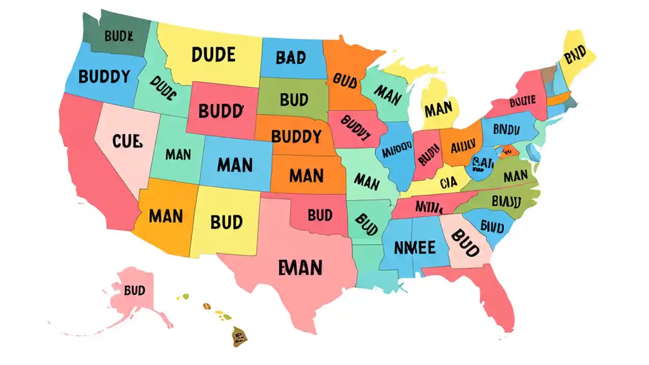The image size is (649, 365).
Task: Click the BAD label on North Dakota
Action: (291, 57)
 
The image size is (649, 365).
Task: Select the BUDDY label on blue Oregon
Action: (104, 77)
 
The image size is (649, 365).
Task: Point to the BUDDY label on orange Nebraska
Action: (297, 136)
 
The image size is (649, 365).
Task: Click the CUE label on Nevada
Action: (127, 141)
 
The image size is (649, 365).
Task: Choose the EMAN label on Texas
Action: (301, 267)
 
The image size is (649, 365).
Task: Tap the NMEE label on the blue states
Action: (415, 247)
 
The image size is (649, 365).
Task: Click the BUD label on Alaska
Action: (134, 291)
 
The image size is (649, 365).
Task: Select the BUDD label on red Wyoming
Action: (222, 111)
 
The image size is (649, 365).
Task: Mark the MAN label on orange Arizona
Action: (166, 216)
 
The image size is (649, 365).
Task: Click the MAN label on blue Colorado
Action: (235, 165)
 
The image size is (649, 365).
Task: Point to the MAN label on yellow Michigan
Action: (438, 109)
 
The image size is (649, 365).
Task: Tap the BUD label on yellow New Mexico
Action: (226, 222)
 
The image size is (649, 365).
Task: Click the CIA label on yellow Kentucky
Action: (449, 182)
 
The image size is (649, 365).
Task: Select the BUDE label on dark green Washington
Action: (119, 36)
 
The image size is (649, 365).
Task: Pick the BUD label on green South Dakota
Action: (294, 100)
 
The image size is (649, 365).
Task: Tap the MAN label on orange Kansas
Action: (306, 176)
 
